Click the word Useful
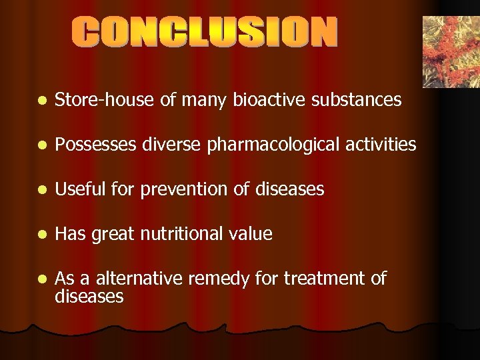pos(77,189)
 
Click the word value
pos(251,234)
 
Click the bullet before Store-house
pos(41,101)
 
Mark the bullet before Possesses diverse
pos(41,145)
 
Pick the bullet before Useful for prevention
pos(41,190)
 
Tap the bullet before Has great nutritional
pos(41,235)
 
